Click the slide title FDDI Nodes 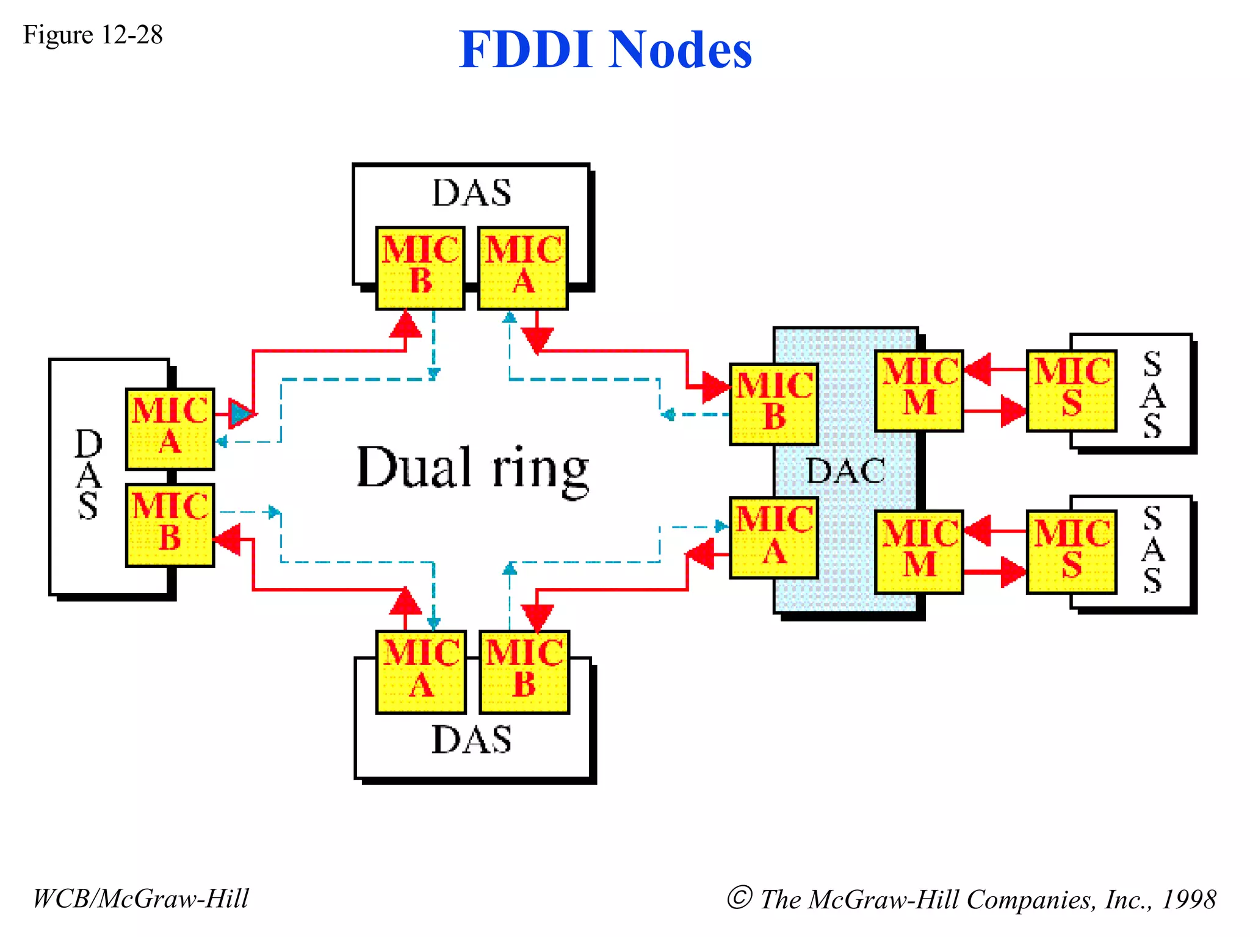click(605, 49)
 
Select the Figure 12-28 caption click(93, 35)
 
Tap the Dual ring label click(472, 468)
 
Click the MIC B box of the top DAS click(420, 268)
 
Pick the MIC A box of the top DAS click(523, 268)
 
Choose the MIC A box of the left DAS click(170, 429)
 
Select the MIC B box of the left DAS click(170, 525)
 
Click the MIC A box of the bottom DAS click(421, 672)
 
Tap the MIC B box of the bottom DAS click(524, 672)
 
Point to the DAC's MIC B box click(774, 404)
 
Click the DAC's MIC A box click(774, 537)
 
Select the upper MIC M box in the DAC click(919, 390)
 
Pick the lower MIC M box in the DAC click(919, 551)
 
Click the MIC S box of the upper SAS click(1071, 390)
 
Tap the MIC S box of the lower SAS click(1071, 551)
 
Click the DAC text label click(845, 471)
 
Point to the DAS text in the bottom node click(471, 740)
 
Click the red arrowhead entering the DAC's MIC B click(715, 387)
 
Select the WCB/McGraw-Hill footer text click(141, 899)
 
